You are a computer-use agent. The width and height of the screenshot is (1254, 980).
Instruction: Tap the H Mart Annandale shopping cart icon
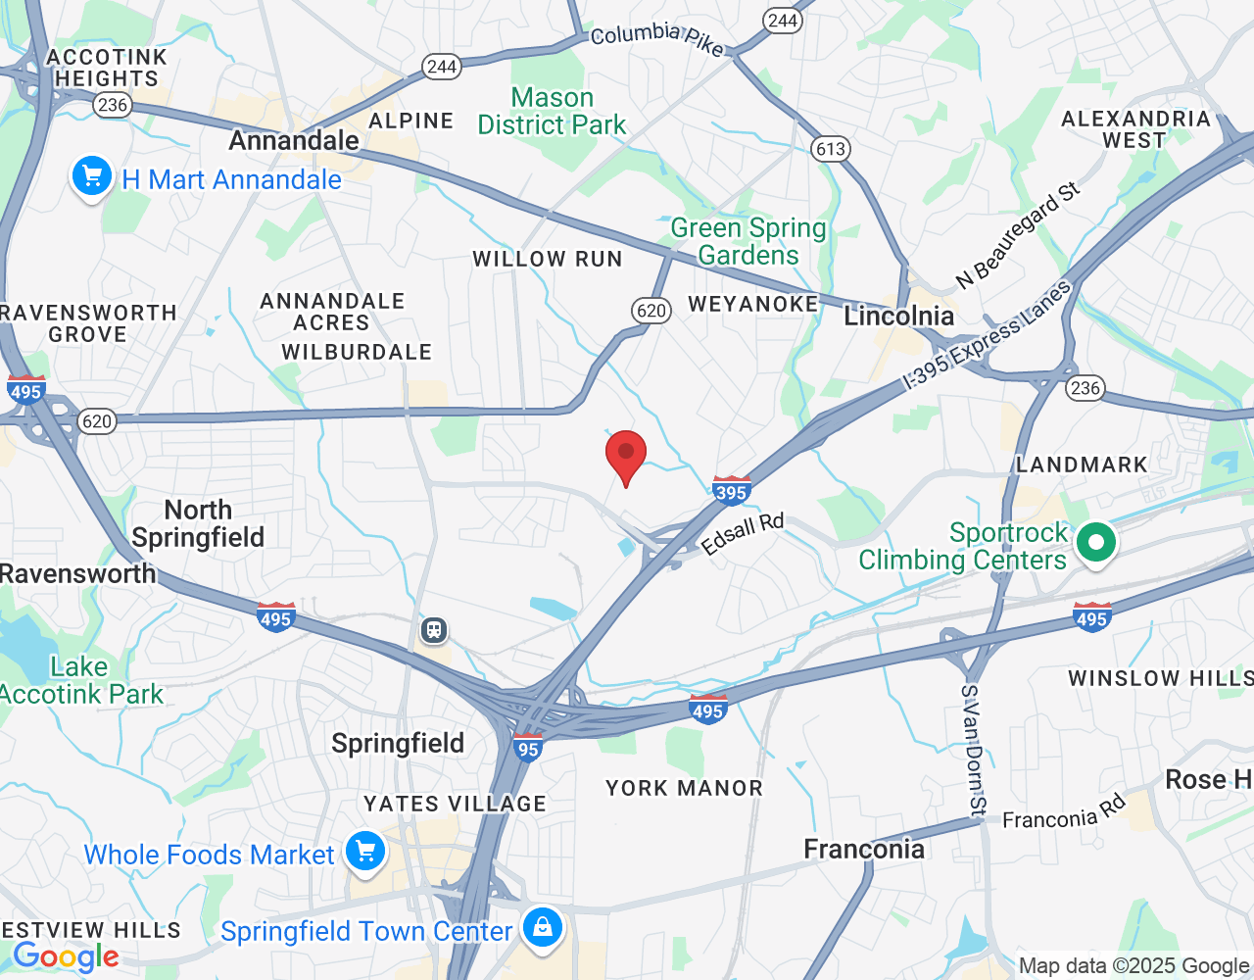pyautogui.click(x=92, y=177)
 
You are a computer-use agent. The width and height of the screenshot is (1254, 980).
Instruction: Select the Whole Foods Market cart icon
pyautogui.click(x=366, y=852)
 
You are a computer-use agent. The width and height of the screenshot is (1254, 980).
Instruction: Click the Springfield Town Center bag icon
pyautogui.click(x=543, y=927)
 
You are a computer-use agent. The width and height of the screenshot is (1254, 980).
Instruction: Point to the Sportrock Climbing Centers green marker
pyautogui.click(x=1096, y=543)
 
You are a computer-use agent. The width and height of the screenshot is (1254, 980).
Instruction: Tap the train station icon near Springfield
pyautogui.click(x=434, y=630)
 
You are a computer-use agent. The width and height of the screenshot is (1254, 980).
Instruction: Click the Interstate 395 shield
pyautogui.click(x=732, y=490)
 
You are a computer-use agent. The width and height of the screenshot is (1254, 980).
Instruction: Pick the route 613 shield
pyautogui.click(x=830, y=149)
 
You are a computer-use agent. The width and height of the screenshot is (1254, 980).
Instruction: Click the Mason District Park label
pyautogui.click(x=552, y=112)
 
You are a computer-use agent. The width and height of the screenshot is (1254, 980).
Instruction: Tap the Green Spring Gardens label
pyautogui.click(x=748, y=241)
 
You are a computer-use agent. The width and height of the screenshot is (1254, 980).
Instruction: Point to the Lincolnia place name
pyautogui.click(x=898, y=316)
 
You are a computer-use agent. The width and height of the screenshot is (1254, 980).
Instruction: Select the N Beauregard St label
pyautogui.click(x=1018, y=235)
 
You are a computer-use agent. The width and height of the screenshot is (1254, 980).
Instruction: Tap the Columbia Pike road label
pyautogui.click(x=656, y=37)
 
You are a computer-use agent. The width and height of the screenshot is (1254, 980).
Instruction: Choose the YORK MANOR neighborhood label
pyautogui.click(x=684, y=788)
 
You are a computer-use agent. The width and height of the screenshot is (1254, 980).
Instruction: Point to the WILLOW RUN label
pyautogui.click(x=548, y=260)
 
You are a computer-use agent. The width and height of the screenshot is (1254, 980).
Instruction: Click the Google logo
pyautogui.click(x=67, y=955)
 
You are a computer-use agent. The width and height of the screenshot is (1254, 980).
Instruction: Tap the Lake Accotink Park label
pyautogui.click(x=80, y=681)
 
